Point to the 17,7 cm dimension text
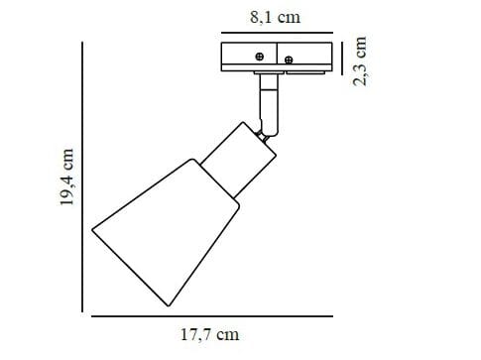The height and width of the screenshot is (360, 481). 210,334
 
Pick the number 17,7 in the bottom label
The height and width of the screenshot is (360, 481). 198,334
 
